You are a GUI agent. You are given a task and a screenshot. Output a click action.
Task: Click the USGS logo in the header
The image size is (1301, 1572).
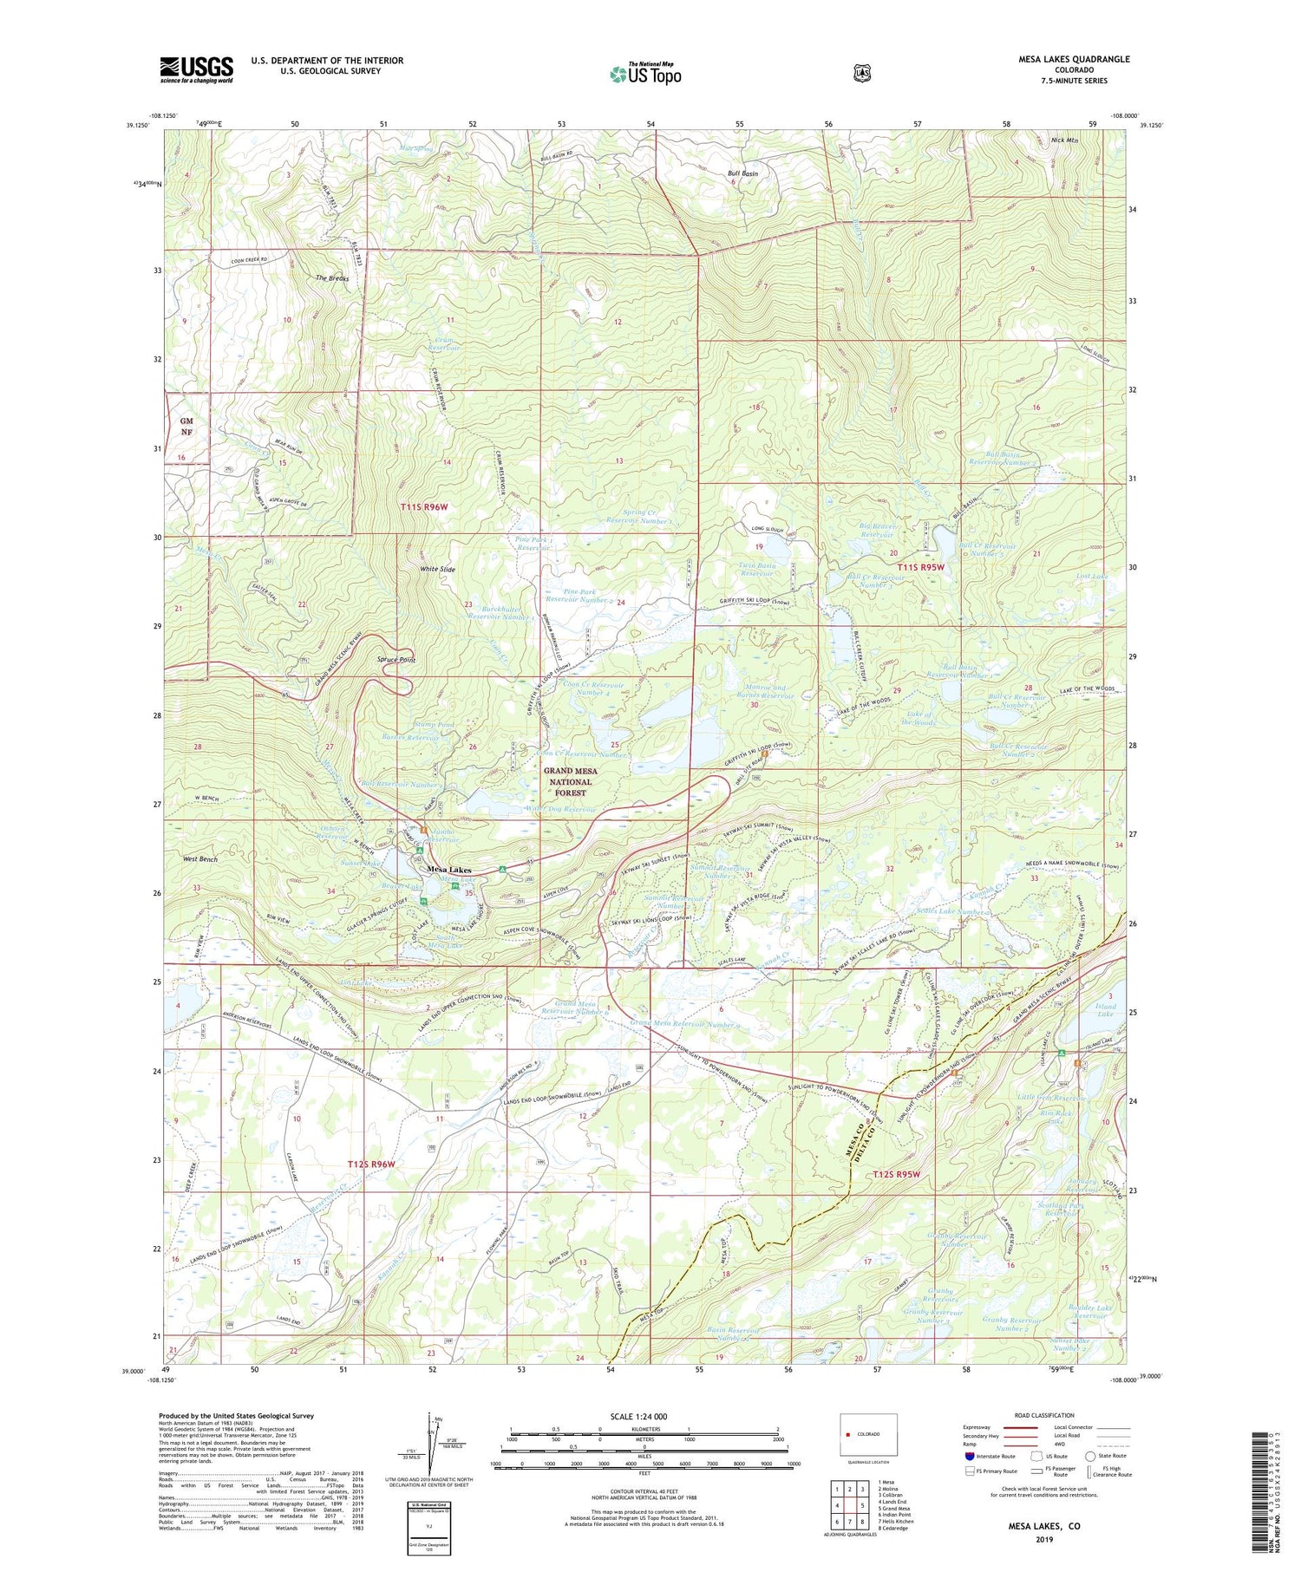196,69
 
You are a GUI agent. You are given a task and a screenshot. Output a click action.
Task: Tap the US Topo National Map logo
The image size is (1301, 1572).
645,74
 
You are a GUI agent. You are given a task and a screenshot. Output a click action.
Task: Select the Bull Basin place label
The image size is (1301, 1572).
742,173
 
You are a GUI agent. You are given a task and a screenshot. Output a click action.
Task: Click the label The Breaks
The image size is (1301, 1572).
332,278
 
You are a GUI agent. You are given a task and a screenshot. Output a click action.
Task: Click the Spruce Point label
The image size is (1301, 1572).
396,660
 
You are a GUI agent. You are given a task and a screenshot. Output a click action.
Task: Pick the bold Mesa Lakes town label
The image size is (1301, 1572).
449,870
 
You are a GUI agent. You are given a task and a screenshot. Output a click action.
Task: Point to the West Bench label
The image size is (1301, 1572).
200,858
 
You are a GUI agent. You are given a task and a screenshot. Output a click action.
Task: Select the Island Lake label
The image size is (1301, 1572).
1104,1008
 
